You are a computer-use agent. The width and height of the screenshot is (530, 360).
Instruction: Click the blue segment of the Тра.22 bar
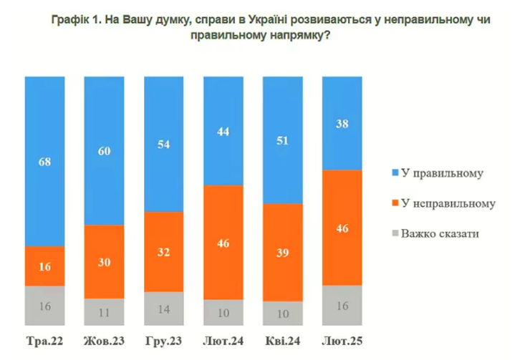pos(44,161)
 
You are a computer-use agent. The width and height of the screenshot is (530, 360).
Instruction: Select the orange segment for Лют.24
pos(223,242)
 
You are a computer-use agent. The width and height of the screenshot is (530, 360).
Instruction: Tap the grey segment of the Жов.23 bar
pos(104,312)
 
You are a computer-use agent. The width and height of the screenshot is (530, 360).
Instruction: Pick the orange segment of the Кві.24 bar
pos(283,252)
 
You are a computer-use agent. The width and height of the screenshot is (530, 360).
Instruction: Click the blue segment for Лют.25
pos(342,123)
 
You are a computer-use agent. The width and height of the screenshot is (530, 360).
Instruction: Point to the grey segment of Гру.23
pos(164,308)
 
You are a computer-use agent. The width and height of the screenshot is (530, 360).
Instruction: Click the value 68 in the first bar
pos(44,162)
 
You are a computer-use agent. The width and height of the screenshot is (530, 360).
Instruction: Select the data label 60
pos(104,151)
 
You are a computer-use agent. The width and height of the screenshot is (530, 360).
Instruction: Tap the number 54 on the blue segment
pos(163,144)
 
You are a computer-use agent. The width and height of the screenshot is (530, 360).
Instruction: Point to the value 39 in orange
pos(283,253)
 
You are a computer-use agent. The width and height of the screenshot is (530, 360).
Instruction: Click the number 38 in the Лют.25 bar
pos(342,124)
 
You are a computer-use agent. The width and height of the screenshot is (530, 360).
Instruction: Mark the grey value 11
pos(104,313)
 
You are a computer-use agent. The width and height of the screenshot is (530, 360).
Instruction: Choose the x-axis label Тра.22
pos(44,341)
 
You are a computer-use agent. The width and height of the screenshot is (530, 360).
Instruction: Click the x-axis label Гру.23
pos(163,341)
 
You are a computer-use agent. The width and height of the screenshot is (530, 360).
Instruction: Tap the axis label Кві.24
pos(283,341)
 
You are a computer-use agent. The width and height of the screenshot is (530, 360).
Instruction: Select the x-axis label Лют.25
pos(342,341)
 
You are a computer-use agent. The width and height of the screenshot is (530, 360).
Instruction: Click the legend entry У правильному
pos(438,173)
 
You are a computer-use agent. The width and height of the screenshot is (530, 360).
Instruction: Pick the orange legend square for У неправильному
pos(395,203)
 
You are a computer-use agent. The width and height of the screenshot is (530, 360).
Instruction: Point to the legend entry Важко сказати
pos(435,233)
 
